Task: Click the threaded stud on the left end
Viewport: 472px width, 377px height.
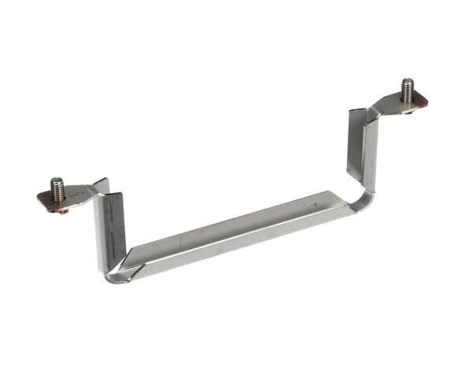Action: coord(57,189)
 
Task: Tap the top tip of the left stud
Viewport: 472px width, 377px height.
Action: coord(57,179)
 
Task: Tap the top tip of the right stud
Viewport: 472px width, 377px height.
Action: coord(407,79)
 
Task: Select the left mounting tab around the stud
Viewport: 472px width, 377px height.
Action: coord(75,196)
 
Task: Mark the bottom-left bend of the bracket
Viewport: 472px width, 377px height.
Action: coord(118,271)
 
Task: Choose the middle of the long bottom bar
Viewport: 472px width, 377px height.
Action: coord(236,236)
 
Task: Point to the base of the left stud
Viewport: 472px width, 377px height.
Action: coord(58,199)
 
